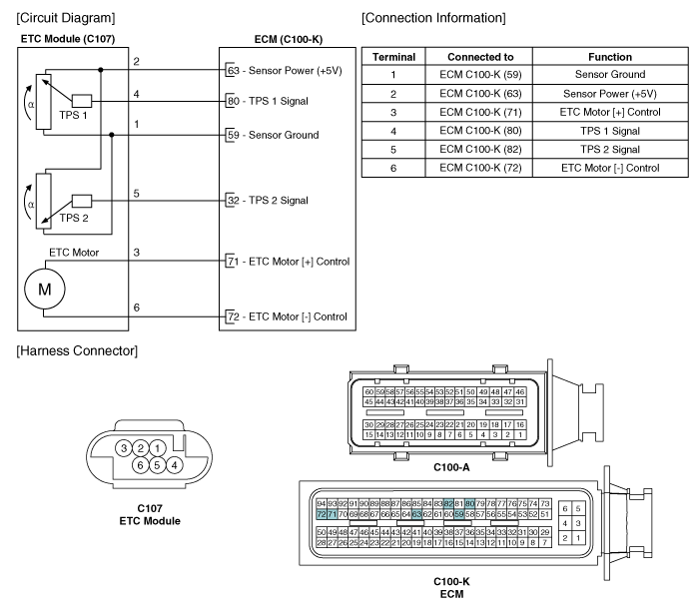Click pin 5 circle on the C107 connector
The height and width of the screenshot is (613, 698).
157,464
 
